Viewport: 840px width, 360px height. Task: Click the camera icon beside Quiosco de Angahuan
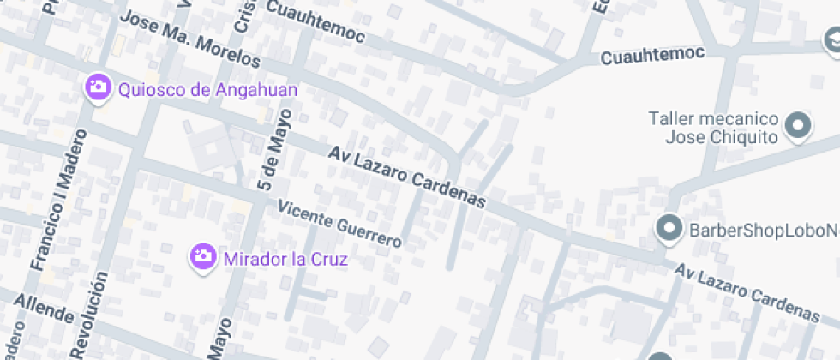click(x=99, y=87)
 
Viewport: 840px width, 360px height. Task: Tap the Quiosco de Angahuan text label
click(x=208, y=89)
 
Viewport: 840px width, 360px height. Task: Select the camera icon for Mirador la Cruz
click(x=203, y=256)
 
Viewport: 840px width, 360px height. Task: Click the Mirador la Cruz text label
click(x=285, y=259)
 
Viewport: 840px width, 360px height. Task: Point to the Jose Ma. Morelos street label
click(x=189, y=40)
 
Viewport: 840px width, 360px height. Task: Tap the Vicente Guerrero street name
click(x=339, y=225)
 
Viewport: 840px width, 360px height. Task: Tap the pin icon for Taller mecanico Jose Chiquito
click(x=799, y=127)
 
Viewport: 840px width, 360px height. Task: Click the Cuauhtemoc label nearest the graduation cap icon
click(x=652, y=56)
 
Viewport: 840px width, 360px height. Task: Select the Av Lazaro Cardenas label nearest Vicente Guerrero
click(x=407, y=177)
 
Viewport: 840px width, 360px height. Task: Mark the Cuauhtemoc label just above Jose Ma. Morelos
click(x=316, y=22)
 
